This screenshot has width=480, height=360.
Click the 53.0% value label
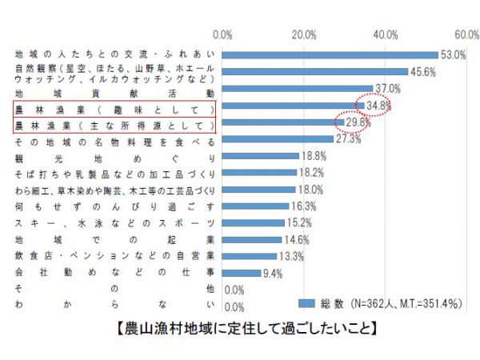point(454,54)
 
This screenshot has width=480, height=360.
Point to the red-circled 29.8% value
point(358,122)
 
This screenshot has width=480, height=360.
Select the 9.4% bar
point(241,273)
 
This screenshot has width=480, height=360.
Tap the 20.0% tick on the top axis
point(304,35)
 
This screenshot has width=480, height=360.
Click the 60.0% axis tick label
point(466,35)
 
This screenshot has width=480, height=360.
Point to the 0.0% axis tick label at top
point(223,35)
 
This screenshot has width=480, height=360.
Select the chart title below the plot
point(240,329)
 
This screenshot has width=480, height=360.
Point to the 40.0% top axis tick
point(386,35)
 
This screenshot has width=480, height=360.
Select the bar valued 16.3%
point(255,206)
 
